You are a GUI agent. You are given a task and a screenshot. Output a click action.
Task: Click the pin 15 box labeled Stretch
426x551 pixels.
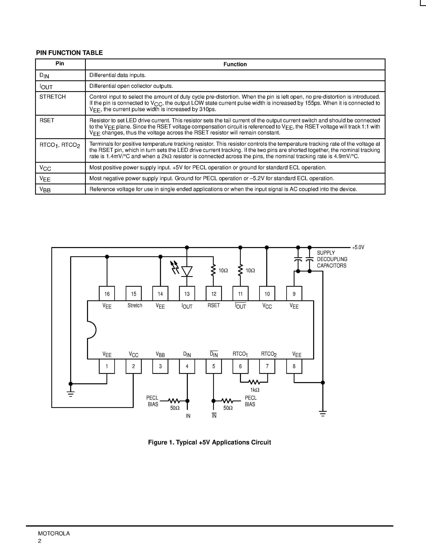(134, 293)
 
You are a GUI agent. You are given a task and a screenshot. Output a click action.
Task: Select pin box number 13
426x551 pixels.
(187, 293)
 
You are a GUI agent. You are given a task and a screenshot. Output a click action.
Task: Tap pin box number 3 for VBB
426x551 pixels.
(160, 366)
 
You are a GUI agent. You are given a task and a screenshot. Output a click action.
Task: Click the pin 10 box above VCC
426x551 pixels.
(267, 293)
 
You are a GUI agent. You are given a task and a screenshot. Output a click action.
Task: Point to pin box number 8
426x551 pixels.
(294, 366)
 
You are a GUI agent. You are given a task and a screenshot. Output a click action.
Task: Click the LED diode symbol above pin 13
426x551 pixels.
(187, 271)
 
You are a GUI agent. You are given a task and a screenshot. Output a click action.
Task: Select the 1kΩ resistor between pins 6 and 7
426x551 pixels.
(254, 382)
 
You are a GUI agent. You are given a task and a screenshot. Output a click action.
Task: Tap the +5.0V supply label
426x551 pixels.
(358, 247)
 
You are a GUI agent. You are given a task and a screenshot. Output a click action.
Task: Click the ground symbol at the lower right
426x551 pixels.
(323, 414)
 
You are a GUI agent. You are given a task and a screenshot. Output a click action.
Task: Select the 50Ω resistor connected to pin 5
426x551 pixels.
(227, 401)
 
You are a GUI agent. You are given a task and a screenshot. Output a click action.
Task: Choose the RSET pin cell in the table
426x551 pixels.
(47, 120)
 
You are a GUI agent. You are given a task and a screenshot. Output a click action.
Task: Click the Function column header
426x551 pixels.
(235, 64)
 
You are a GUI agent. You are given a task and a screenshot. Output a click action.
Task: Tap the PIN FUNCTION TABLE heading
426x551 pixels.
(69, 53)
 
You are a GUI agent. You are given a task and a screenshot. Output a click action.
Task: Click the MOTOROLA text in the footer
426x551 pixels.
(54, 533)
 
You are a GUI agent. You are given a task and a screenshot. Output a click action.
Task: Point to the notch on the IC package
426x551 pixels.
(91, 330)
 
